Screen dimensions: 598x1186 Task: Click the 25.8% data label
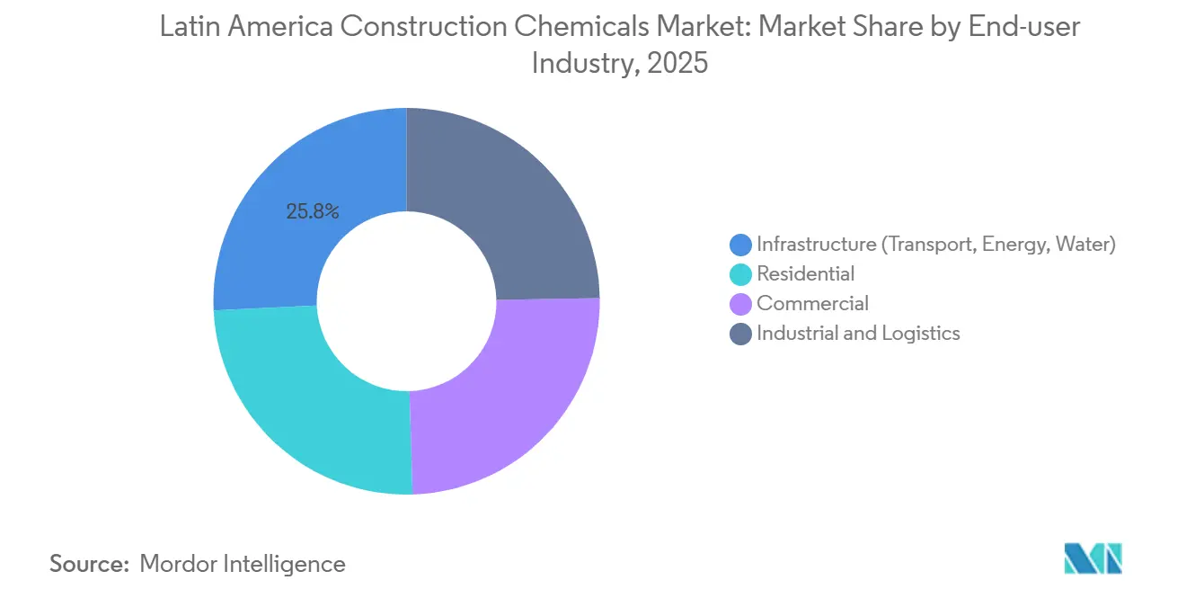coord(313,212)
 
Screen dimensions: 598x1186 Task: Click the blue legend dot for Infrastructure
coord(740,245)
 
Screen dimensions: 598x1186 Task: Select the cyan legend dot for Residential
coord(740,274)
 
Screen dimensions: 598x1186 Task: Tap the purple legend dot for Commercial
coord(740,304)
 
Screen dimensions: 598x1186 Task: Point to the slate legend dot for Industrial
coord(740,334)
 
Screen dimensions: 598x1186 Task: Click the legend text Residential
coord(805,273)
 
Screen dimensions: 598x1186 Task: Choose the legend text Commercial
coord(812,304)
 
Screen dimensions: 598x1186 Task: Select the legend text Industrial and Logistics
coord(858,334)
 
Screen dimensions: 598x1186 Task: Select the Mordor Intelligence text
coord(243,564)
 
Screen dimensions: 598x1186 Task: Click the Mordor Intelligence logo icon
coord(1093,558)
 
